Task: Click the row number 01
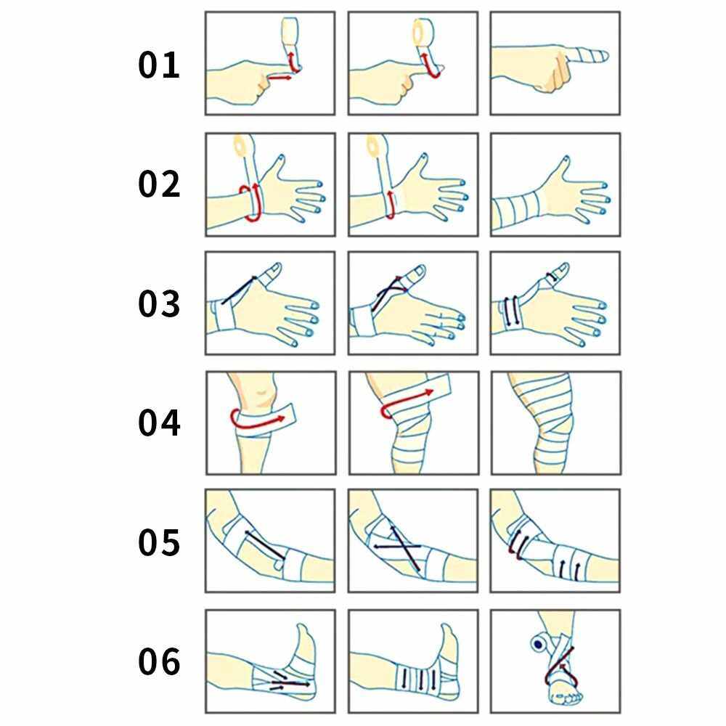pos(159,65)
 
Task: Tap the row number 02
pos(159,184)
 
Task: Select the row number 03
pos(159,303)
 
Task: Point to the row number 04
pos(159,423)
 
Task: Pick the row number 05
pos(159,542)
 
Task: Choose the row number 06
pos(159,661)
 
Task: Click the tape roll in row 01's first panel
pos(290,31)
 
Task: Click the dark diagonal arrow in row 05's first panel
pos(264,545)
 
